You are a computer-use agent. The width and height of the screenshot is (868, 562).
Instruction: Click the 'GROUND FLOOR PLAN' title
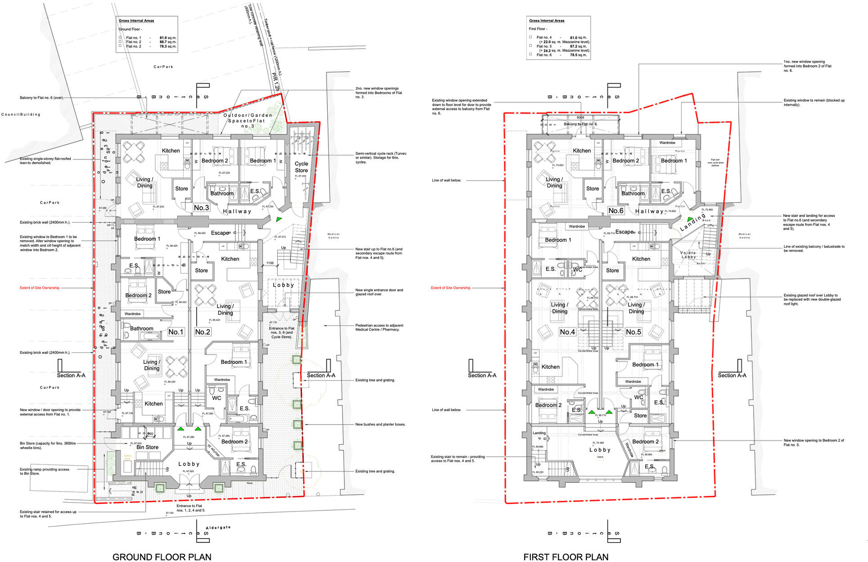pyautogui.click(x=162, y=557)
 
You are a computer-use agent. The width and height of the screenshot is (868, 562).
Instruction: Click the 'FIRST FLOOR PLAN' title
pyautogui.click(x=565, y=557)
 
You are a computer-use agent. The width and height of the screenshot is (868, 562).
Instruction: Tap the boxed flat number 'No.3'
pyautogui.click(x=201, y=208)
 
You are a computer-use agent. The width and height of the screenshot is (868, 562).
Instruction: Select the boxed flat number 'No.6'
pyautogui.click(x=615, y=211)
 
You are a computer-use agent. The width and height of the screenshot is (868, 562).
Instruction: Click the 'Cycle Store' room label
pyautogui.click(x=301, y=167)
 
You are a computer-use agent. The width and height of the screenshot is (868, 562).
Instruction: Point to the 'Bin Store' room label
pyautogui.click(x=147, y=447)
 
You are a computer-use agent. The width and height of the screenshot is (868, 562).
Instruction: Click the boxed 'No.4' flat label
pyautogui.click(x=567, y=332)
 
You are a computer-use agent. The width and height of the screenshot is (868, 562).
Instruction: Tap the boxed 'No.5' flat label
pyautogui.click(x=633, y=332)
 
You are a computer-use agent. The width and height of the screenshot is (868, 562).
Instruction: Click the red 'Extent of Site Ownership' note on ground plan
pyautogui.click(x=40, y=288)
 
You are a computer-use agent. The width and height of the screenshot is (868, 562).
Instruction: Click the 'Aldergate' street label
pyautogui.click(x=218, y=528)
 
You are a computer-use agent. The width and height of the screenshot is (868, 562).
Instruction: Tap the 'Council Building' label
pyautogui.click(x=21, y=114)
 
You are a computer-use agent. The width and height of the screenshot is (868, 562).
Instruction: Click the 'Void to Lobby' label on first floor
pyautogui.click(x=688, y=255)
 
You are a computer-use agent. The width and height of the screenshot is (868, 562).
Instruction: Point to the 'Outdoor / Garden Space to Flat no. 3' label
pyautogui.click(x=248, y=121)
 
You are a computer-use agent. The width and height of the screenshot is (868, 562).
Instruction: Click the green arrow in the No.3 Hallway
pyautogui.click(x=279, y=219)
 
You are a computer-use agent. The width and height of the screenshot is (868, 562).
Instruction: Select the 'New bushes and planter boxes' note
pyautogui.click(x=380, y=424)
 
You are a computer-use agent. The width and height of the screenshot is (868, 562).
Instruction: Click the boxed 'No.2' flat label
pyautogui.click(x=202, y=332)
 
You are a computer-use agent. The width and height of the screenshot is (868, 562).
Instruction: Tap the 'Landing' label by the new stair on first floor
pyautogui.click(x=693, y=222)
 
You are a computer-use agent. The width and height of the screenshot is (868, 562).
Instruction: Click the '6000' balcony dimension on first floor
pyautogui.click(x=580, y=118)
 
